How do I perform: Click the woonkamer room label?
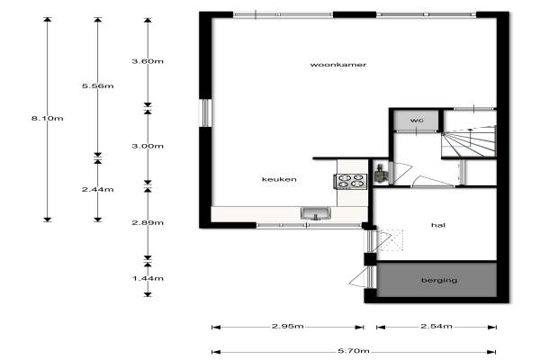(337, 65)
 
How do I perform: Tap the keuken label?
(279, 179)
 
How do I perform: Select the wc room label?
(417, 121)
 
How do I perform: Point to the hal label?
(438, 225)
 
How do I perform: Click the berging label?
(439, 281)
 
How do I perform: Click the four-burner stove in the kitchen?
(351, 182)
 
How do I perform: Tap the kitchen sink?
(316, 213)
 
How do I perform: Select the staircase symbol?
(469, 141)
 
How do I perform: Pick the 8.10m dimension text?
(48, 118)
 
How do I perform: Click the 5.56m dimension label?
(98, 85)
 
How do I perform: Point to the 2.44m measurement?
(98, 189)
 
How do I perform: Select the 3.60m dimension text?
(148, 61)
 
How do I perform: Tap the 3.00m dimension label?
(148, 146)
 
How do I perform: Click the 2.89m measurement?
(148, 222)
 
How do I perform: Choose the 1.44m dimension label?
(148, 278)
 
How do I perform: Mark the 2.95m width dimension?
(288, 326)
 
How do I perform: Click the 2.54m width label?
(436, 326)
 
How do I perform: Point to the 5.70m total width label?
(354, 351)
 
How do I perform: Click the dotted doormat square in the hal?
(391, 240)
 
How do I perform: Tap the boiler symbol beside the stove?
(380, 174)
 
